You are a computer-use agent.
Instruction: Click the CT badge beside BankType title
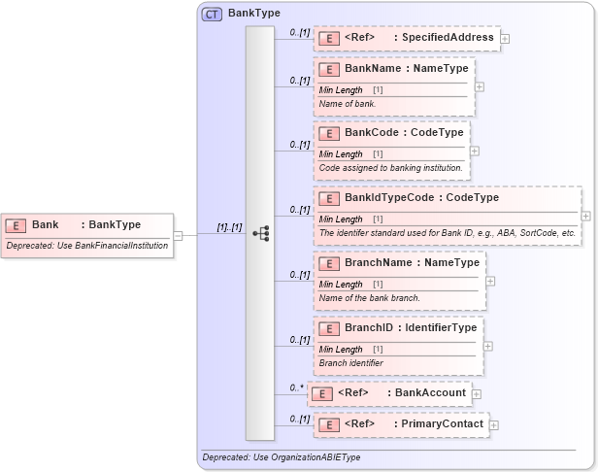point(211,14)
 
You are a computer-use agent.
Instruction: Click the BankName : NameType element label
point(406,69)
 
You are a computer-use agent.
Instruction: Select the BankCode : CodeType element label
point(404,133)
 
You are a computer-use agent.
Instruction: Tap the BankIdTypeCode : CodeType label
point(421,198)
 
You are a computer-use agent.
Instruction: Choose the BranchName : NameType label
point(412,263)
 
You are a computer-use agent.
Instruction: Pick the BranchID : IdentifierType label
point(411,328)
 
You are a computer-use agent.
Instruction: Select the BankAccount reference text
point(431,393)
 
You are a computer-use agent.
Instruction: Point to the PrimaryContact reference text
point(442,424)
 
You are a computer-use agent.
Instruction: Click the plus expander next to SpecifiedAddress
point(505,39)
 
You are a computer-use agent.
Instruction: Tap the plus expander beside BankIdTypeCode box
point(585,216)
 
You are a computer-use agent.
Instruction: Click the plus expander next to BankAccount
point(477,394)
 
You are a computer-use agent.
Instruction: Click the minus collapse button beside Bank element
point(178,234)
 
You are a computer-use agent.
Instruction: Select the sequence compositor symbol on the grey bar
point(260,233)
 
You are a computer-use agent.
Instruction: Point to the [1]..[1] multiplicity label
point(229,227)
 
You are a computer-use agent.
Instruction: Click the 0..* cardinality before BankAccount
point(297,388)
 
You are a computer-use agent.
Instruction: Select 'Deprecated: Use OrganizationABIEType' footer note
point(281,456)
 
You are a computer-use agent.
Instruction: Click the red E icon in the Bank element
point(16,225)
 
